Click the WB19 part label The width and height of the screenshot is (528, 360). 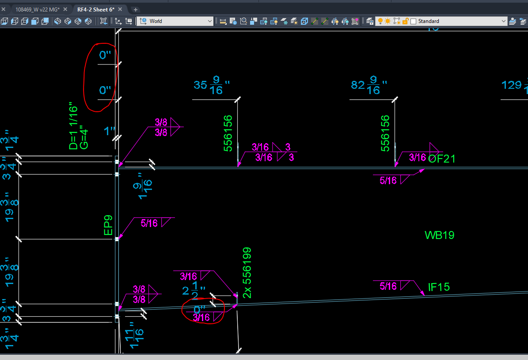coord(439,235)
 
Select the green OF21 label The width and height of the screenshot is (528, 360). coord(441,159)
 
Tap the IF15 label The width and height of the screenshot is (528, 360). coord(438,287)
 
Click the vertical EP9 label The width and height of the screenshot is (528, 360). coord(108,225)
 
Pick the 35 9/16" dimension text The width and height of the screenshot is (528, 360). coord(212,85)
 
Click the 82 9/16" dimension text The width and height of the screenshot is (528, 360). coord(368,85)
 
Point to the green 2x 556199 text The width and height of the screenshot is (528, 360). coord(247,273)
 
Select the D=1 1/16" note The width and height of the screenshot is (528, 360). coord(74,128)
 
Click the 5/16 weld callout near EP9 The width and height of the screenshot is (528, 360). coord(149,224)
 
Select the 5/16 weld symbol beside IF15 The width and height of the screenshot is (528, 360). coord(388,286)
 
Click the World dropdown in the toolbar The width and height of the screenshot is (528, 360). coord(175,21)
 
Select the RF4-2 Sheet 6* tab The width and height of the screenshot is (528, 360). coord(96,9)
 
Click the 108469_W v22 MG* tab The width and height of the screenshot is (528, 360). coord(37,9)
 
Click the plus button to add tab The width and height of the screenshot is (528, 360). coord(136,9)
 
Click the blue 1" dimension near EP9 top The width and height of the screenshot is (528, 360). coord(109,131)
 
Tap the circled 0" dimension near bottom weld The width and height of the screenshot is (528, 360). coord(200,309)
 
